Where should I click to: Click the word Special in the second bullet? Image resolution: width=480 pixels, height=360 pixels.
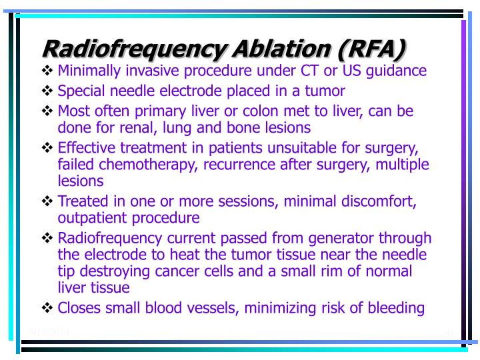(x=79, y=91)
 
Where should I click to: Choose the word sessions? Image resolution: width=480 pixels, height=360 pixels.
(x=231, y=201)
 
